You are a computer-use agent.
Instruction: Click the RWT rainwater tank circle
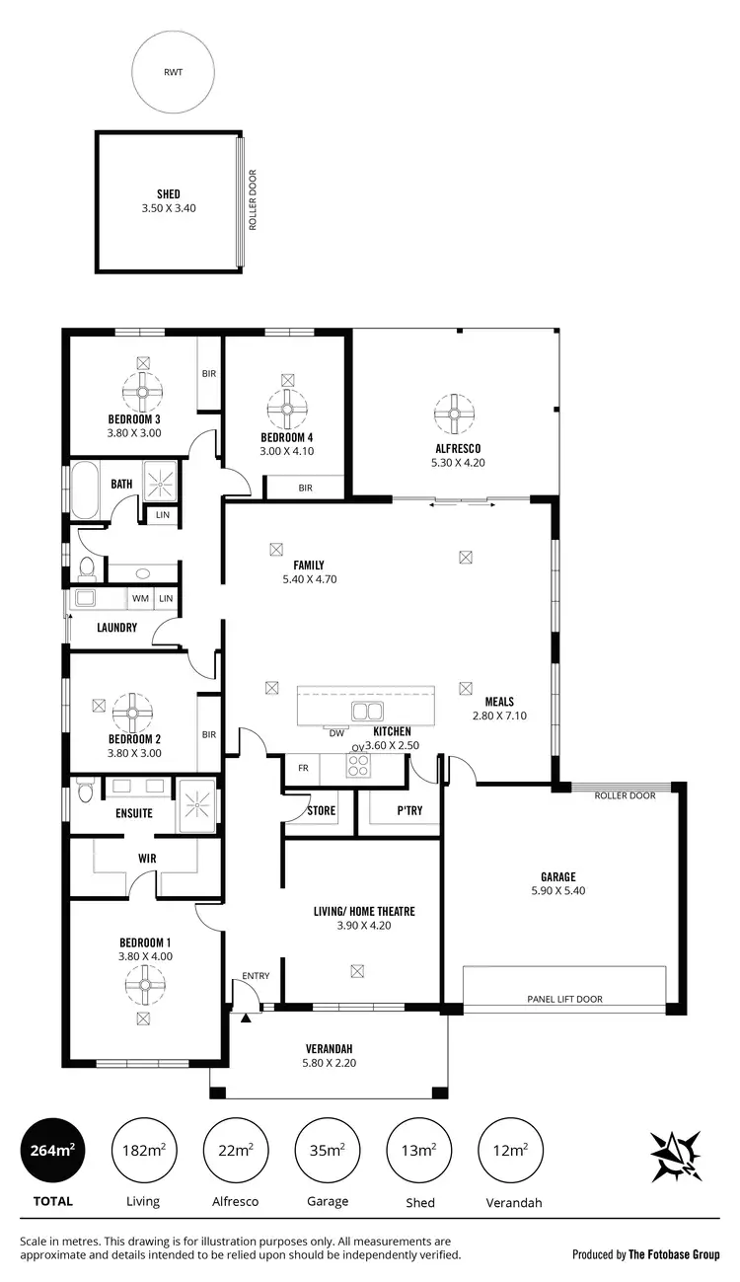[174, 72]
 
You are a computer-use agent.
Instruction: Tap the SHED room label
[168, 194]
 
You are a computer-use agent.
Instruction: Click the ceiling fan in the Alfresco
[456, 414]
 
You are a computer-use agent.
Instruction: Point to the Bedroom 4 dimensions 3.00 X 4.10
[286, 451]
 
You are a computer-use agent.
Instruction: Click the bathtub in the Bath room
[87, 490]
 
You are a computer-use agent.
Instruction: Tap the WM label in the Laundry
[140, 598]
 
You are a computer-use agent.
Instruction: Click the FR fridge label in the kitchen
[302, 766]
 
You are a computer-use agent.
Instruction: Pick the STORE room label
[321, 811]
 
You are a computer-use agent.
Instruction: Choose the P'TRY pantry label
[409, 811]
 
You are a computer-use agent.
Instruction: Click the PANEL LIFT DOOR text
[564, 1000]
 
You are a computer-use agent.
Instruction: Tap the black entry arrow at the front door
[246, 1017]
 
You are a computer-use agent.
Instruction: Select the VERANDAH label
[328, 1048]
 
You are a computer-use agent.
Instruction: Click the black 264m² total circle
[52, 1150]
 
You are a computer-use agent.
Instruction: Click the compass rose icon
[676, 1156]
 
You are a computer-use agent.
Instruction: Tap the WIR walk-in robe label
[147, 859]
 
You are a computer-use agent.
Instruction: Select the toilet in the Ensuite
[85, 792]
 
